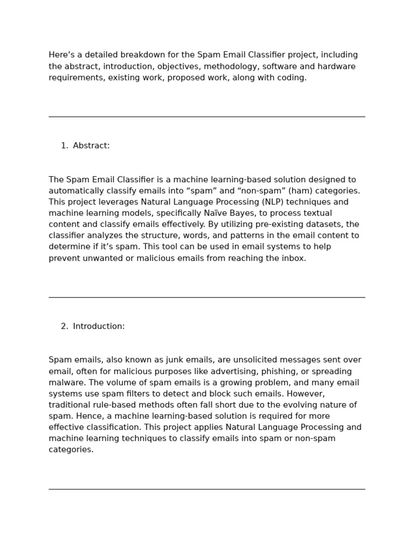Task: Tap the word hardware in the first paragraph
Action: click(336, 66)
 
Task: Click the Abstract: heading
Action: click(91, 146)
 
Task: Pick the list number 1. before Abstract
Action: click(64, 146)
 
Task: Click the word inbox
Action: click(292, 258)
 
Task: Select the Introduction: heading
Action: click(99, 326)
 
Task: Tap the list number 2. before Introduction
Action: click(64, 326)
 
